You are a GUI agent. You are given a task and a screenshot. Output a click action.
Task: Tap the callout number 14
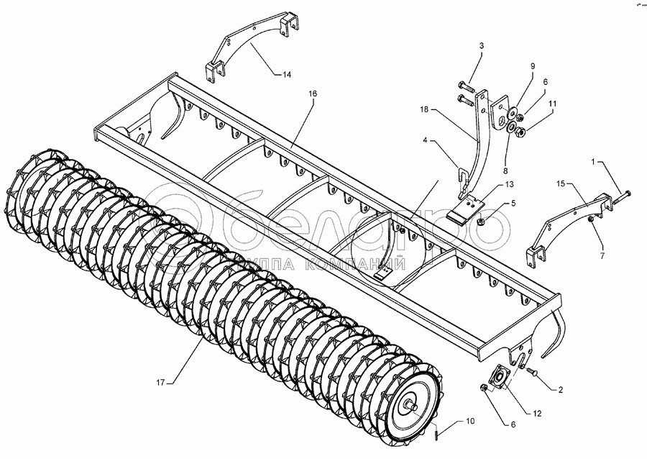click(x=286, y=73)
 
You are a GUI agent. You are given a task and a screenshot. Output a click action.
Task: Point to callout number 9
click(x=533, y=67)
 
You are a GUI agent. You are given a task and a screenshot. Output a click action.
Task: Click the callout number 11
click(x=552, y=104)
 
